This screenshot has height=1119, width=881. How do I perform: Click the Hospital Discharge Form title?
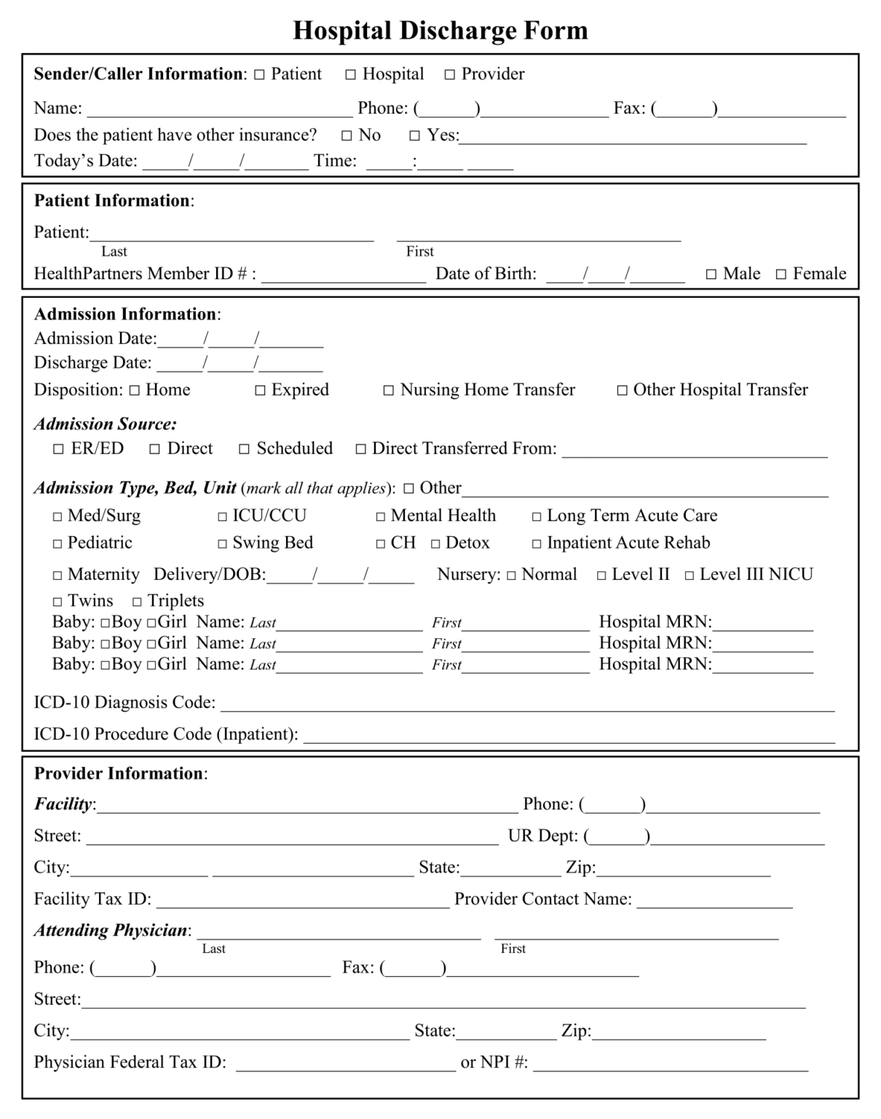[440, 31]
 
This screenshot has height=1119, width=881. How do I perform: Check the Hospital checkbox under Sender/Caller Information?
[351, 74]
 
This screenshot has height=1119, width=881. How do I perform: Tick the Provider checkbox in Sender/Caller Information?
[450, 74]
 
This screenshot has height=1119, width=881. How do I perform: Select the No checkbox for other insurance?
[347, 136]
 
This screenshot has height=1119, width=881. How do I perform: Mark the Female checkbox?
[781, 275]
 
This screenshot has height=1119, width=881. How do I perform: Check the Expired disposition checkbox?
[260, 390]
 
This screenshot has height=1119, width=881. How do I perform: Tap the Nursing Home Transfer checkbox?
[389, 390]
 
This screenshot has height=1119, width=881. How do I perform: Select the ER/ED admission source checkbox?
[59, 449]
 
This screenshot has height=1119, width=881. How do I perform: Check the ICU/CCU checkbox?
[223, 517]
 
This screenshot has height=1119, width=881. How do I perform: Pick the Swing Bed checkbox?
[223, 543]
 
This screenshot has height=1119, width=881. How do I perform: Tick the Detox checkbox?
[435, 544]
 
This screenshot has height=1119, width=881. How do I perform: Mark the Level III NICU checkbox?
[690, 576]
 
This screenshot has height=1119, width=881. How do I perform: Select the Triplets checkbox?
[137, 602]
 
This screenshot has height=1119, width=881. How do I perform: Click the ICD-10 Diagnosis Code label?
[125, 703]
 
